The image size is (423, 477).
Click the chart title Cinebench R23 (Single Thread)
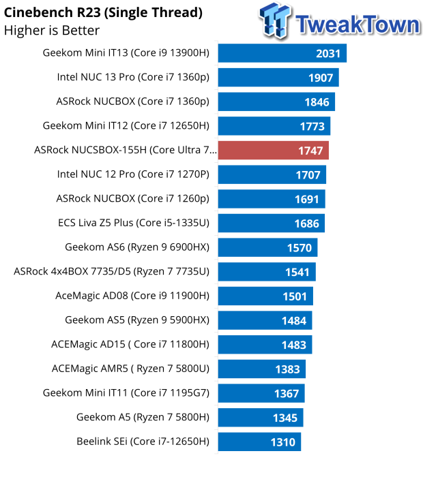coord(103,13)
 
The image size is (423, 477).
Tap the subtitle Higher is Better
coord(52,31)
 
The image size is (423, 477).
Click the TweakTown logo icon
coord(276,20)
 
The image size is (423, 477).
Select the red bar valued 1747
coord(273,151)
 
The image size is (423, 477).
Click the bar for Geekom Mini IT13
coord(282,53)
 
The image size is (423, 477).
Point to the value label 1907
coord(321,78)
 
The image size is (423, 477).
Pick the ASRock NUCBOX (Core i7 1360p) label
coord(133,102)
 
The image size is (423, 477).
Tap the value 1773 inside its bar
coord(312,126)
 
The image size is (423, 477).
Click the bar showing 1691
coord(272,199)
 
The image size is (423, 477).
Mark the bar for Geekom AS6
coord(267,247)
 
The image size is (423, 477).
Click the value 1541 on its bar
coord(297,273)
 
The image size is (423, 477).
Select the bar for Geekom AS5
coord(265,320)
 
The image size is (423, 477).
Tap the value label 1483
coord(294,345)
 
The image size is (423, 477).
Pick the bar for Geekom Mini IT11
coord(261,393)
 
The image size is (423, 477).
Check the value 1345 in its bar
coord(285,418)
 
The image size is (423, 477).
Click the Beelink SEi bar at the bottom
coord(259,442)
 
